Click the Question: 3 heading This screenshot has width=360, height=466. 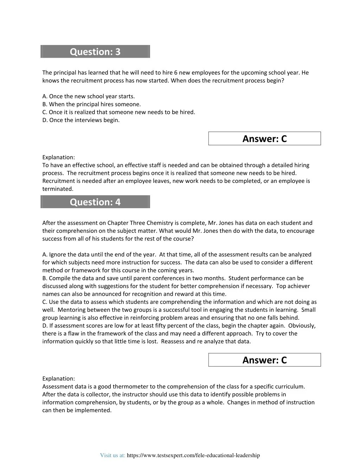click(x=95, y=52)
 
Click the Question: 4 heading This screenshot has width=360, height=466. click(x=95, y=202)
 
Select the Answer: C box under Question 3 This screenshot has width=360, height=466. click(x=264, y=139)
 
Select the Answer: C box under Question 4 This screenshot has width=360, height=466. click(x=264, y=360)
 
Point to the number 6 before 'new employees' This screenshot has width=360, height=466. click(x=175, y=73)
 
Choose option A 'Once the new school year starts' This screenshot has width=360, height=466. click(x=89, y=96)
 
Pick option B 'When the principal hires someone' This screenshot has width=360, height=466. click(x=91, y=104)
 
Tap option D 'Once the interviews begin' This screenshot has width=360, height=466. click(x=81, y=120)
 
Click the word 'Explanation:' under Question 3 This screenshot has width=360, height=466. click(x=58, y=157)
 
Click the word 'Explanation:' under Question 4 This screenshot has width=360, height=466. click(x=58, y=379)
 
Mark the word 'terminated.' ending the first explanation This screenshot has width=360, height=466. click(x=58, y=189)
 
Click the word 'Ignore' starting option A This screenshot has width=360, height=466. click(x=57, y=255)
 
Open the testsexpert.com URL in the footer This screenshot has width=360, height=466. click(x=193, y=455)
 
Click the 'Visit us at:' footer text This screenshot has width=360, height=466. click(x=112, y=455)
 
